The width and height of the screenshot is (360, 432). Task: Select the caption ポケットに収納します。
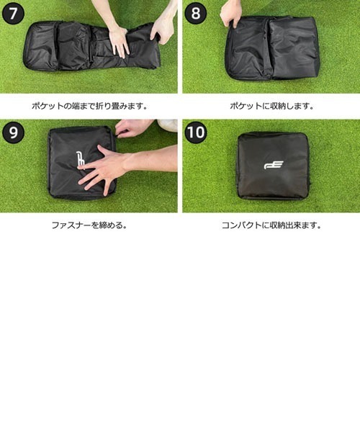pos(270,106)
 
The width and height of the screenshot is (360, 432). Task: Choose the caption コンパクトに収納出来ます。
pos(270,225)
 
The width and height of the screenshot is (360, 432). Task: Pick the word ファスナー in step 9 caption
pos(68,225)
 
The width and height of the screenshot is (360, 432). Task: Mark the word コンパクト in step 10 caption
pos(240,225)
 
